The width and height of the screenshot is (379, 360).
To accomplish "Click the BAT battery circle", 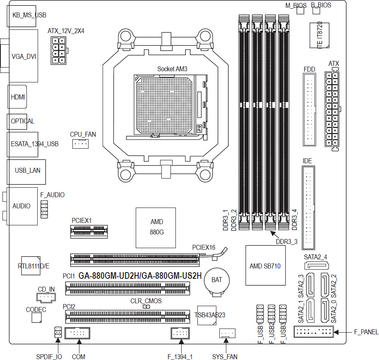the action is click(x=216, y=280).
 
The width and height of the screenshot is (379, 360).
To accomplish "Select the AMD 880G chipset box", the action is click(x=156, y=228).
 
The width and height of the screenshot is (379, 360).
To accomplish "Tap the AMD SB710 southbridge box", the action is click(x=265, y=266).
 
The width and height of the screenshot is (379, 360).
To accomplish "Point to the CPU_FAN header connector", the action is click(x=80, y=144).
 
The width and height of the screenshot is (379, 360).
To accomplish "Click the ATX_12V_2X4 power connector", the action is click(x=58, y=51).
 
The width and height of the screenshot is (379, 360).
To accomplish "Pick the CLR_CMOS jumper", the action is click(x=146, y=307).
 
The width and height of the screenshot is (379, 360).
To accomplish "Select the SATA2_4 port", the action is click(x=317, y=266).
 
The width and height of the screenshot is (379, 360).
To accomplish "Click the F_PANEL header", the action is click(x=314, y=331).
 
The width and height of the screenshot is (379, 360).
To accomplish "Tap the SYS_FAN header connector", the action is click(x=227, y=333).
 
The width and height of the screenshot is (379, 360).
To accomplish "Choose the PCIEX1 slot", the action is click(x=89, y=232).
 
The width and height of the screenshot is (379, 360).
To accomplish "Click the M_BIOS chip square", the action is click(x=300, y=11).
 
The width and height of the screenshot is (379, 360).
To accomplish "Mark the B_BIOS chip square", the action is click(x=317, y=11).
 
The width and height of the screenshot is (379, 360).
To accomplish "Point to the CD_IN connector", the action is click(x=46, y=297).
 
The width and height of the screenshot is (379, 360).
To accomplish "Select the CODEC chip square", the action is click(x=36, y=318).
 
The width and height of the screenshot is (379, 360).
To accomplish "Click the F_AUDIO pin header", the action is click(x=44, y=209).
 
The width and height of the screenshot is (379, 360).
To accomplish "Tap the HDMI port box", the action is click(x=17, y=97).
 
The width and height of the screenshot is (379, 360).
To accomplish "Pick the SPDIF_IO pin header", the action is click(x=58, y=332).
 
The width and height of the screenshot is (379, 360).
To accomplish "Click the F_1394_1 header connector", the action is click(x=180, y=333).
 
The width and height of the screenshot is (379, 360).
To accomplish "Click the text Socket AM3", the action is click(x=173, y=69).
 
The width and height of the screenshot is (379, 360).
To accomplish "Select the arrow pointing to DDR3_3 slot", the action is click(x=275, y=234).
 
